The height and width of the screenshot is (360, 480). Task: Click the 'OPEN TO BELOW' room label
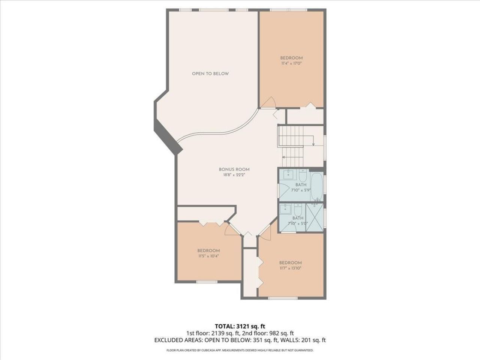click(210, 74)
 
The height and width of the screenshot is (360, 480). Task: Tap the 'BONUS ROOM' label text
click(234, 169)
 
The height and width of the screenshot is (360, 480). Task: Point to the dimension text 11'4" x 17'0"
click(291, 64)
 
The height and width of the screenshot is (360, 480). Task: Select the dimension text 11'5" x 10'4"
click(208, 256)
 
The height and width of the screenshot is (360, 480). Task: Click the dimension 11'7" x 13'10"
click(290, 268)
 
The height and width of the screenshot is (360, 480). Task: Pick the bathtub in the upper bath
click(317, 186)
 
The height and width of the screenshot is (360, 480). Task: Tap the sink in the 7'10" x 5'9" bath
click(288, 174)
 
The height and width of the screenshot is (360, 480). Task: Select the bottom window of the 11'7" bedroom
click(283, 298)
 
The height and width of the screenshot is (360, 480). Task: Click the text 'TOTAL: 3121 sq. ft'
click(240, 326)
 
